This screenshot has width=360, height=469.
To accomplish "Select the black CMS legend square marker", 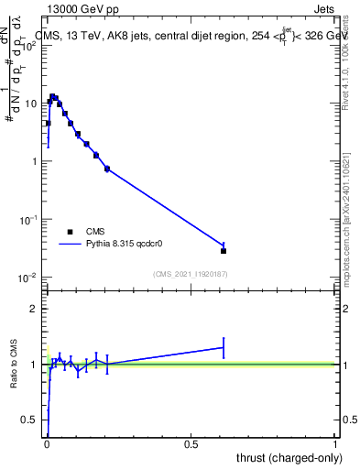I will tap(70, 232).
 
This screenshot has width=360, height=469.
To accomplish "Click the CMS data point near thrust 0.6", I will tap(224, 250).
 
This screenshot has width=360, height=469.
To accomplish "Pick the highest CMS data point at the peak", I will tap(53, 96).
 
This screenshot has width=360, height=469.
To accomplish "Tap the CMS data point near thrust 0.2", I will tap(107, 169).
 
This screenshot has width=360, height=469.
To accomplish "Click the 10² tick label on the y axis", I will tap(29, 45).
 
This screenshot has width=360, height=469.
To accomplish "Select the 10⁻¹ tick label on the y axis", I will tap(29, 220).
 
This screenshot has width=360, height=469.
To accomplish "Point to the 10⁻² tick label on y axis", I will tap(29, 278).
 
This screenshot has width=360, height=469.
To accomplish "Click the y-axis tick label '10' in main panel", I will tap(32, 104).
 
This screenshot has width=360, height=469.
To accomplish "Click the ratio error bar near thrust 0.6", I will tap(224, 347).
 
